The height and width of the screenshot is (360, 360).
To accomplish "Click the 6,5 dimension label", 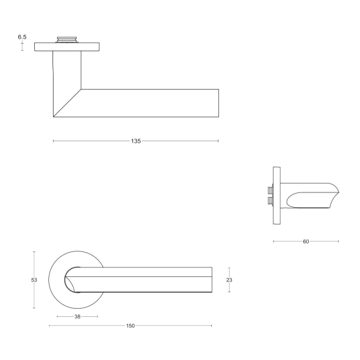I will (22, 37).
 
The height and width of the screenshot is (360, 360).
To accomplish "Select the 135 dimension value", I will (136, 142).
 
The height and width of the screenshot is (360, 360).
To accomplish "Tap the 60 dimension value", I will (306, 241).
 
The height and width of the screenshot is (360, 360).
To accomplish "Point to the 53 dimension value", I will (35, 280).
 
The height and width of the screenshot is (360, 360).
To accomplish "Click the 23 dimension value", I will (230, 281).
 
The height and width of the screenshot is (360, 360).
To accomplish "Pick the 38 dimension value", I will (77, 317).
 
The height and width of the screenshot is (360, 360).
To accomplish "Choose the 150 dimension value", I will (130, 326).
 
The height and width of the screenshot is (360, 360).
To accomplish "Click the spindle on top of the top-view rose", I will (67, 40).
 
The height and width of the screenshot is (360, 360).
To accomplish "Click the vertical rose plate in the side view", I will (277, 195).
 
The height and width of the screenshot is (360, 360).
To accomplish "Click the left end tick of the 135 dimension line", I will (53, 142).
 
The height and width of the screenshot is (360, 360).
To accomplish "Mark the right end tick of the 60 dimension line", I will (339, 241).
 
